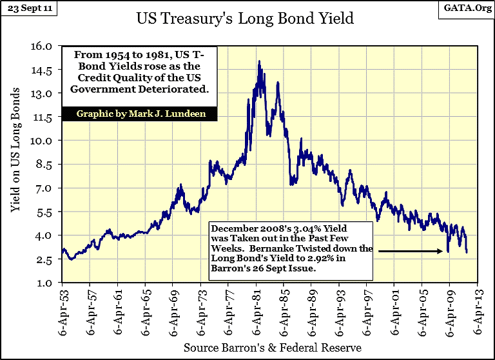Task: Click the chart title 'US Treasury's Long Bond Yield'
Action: pos(245,18)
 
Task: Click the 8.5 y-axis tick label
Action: pos(49,165)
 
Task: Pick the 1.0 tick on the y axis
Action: pos(49,283)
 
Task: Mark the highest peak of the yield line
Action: pos(259,61)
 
